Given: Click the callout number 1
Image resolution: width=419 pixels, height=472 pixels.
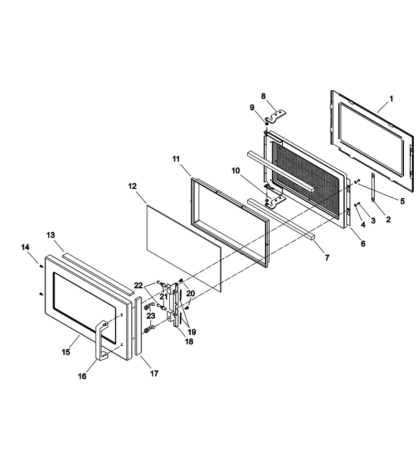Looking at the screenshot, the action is point(391,99).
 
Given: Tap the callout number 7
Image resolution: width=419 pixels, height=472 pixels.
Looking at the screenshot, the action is point(327,258).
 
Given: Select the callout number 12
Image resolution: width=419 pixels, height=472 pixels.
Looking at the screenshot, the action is point(133,186).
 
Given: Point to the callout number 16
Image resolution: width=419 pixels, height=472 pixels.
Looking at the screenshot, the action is point(82,376).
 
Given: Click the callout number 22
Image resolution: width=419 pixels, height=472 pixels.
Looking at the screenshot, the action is point(138,285).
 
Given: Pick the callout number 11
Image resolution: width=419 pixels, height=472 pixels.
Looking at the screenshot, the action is point(176,159).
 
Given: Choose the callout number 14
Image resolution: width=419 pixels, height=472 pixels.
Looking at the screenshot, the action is point(25,247).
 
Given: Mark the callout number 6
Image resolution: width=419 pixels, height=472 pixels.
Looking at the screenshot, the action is point(363,243).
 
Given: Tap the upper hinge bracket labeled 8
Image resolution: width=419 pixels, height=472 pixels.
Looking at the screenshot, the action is point(275,117).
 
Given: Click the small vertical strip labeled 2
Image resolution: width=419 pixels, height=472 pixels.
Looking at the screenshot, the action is point(373,188).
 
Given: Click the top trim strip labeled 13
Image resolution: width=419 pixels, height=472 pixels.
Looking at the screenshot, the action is point(98,273).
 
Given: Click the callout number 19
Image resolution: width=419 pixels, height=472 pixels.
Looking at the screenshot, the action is point(192,332).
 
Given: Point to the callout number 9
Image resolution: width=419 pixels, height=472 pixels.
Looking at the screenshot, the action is point(252,108).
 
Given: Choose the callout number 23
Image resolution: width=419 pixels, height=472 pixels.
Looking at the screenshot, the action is point(151,316).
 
